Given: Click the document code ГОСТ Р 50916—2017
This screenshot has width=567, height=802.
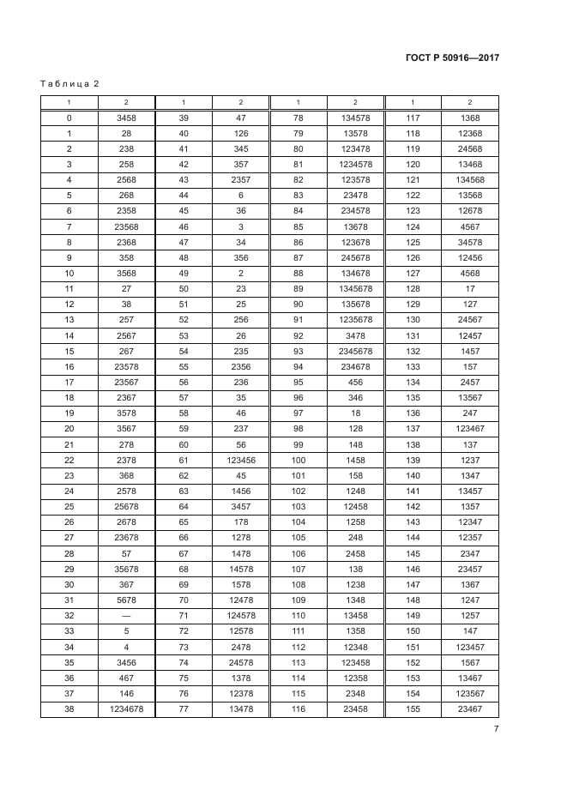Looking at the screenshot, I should (x=451, y=58).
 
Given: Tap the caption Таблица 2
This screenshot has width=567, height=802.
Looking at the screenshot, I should (x=69, y=83).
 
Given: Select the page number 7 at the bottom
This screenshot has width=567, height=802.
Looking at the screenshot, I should (x=496, y=729).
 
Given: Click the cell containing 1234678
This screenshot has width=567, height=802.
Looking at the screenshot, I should (x=126, y=709).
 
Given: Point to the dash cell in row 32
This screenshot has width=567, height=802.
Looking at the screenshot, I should (x=126, y=615).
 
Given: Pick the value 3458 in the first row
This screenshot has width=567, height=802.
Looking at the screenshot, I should (x=126, y=118).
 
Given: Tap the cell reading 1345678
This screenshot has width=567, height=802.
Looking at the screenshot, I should (x=355, y=288).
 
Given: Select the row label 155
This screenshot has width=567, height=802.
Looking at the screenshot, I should (x=413, y=709).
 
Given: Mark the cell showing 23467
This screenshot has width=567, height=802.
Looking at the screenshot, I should (x=470, y=709).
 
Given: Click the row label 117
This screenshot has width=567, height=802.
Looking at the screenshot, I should (x=413, y=118).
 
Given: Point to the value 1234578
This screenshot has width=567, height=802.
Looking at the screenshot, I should (x=355, y=164).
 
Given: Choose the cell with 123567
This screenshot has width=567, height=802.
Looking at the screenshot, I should (x=470, y=693).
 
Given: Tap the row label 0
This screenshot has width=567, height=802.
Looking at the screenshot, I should (x=69, y=118).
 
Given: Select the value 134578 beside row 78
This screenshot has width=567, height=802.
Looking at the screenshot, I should (x=355, y=118).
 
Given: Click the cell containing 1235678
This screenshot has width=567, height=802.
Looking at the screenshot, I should (x=355, y=320).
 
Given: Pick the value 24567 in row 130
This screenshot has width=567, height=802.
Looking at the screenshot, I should (x=470, y=320).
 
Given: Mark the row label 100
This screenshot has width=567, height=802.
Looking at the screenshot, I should (x=299, y=460).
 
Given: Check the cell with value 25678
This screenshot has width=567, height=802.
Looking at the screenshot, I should (x=126, y=506).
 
